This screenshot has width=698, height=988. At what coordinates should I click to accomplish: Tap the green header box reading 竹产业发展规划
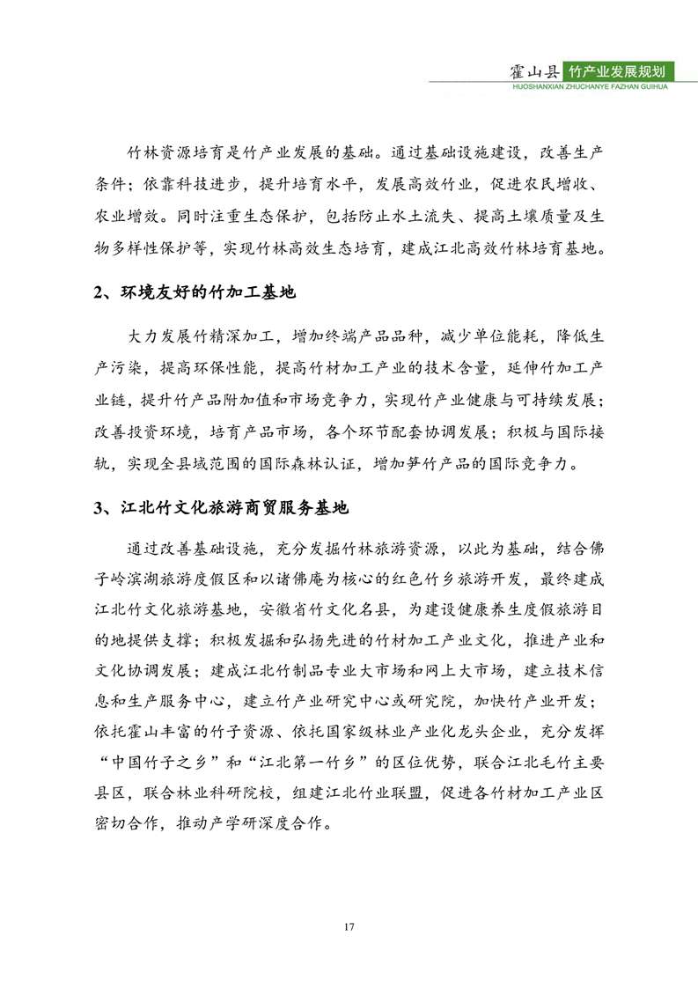pyautogui.click(x=623, y=71)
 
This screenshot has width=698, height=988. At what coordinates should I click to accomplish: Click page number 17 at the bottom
pyautogui.click(x=349, y=925)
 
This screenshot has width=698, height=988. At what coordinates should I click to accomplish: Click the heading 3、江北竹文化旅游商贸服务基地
pyautogui.click(x=221, y=508)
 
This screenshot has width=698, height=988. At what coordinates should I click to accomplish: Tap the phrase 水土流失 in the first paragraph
pyautogui.click(x=429, y=216)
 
